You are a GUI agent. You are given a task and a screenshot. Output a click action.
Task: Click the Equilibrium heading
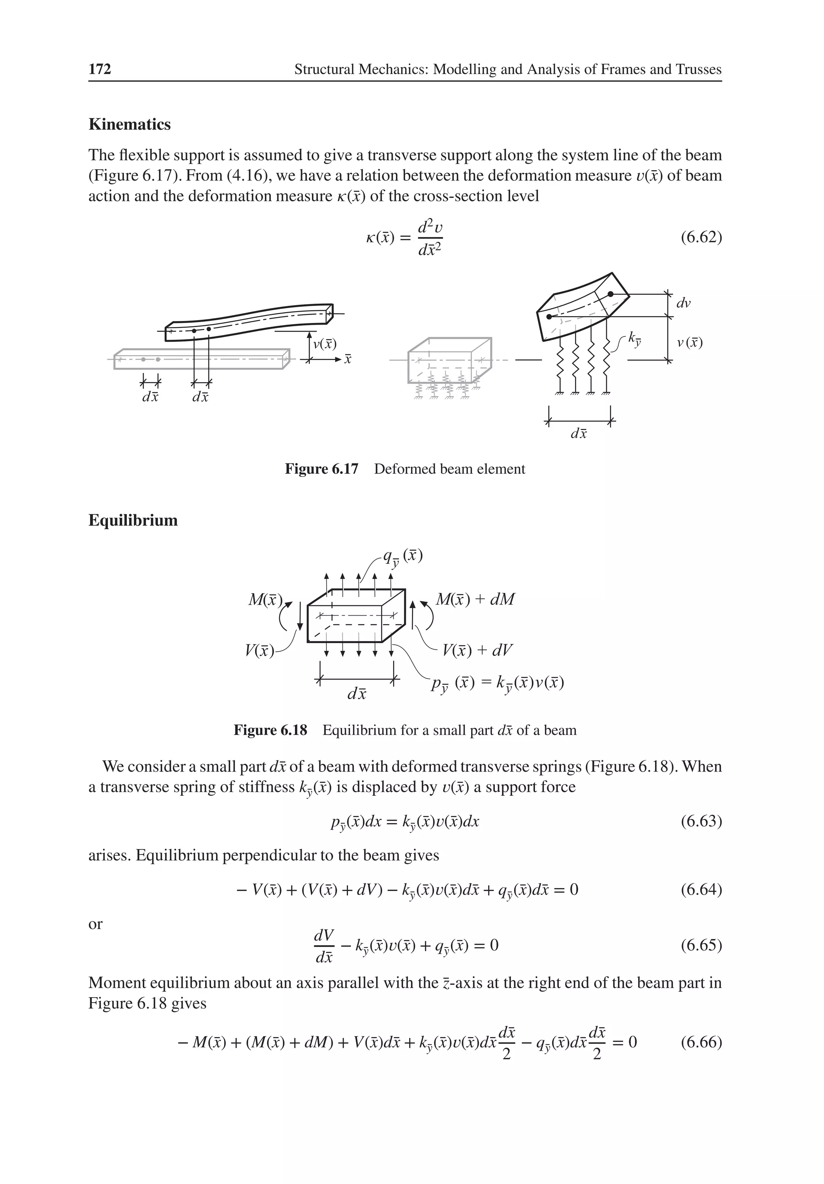(x=133, y=520)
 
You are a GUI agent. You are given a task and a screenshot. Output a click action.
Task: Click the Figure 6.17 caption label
(x=321, y=469)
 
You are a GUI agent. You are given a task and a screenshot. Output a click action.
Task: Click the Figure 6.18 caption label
(x=270, y=730)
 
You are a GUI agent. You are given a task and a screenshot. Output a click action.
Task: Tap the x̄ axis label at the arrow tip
(x=348, y=359)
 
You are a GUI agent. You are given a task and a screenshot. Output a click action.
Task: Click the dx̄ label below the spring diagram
(x=579, y=434)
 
